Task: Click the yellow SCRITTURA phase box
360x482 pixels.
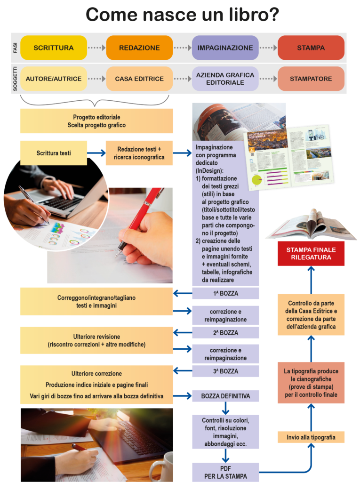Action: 54,48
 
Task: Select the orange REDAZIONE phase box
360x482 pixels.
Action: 139,48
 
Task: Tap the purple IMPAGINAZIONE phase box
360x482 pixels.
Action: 225,48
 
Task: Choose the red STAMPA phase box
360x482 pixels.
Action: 311,48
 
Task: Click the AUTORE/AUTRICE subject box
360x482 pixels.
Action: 54,79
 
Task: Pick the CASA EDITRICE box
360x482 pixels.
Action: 139,79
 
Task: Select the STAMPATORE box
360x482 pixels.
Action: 311,79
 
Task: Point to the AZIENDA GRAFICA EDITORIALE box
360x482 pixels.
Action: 225,79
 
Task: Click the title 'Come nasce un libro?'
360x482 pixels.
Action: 183,15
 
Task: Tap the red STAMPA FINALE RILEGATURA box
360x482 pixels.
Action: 311,254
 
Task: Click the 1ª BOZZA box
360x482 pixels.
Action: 225,293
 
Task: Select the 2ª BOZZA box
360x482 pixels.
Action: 225,333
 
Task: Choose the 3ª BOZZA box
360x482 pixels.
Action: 225,371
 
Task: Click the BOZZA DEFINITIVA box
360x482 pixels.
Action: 225,396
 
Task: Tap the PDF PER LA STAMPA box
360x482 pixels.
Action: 225,472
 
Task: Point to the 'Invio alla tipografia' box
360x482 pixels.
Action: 311,437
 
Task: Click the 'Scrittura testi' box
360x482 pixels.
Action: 54,153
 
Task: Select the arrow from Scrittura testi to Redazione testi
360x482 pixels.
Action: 96,153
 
